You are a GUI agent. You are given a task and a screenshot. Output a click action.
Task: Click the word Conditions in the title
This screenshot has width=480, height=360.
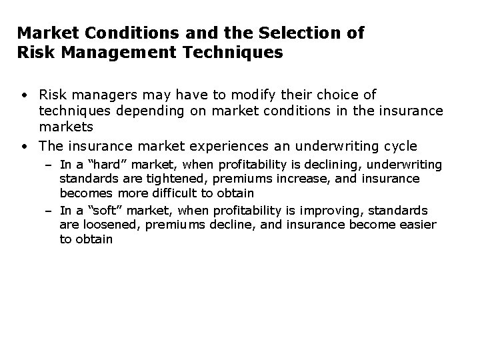pyautogui.click(x=119, y=33)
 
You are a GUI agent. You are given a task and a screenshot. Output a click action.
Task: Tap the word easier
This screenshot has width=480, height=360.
pyautogui.click(x=412, y=225)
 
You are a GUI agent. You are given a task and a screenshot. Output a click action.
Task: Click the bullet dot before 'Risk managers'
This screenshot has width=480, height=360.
pyautogui.click(x=23, y=96)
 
